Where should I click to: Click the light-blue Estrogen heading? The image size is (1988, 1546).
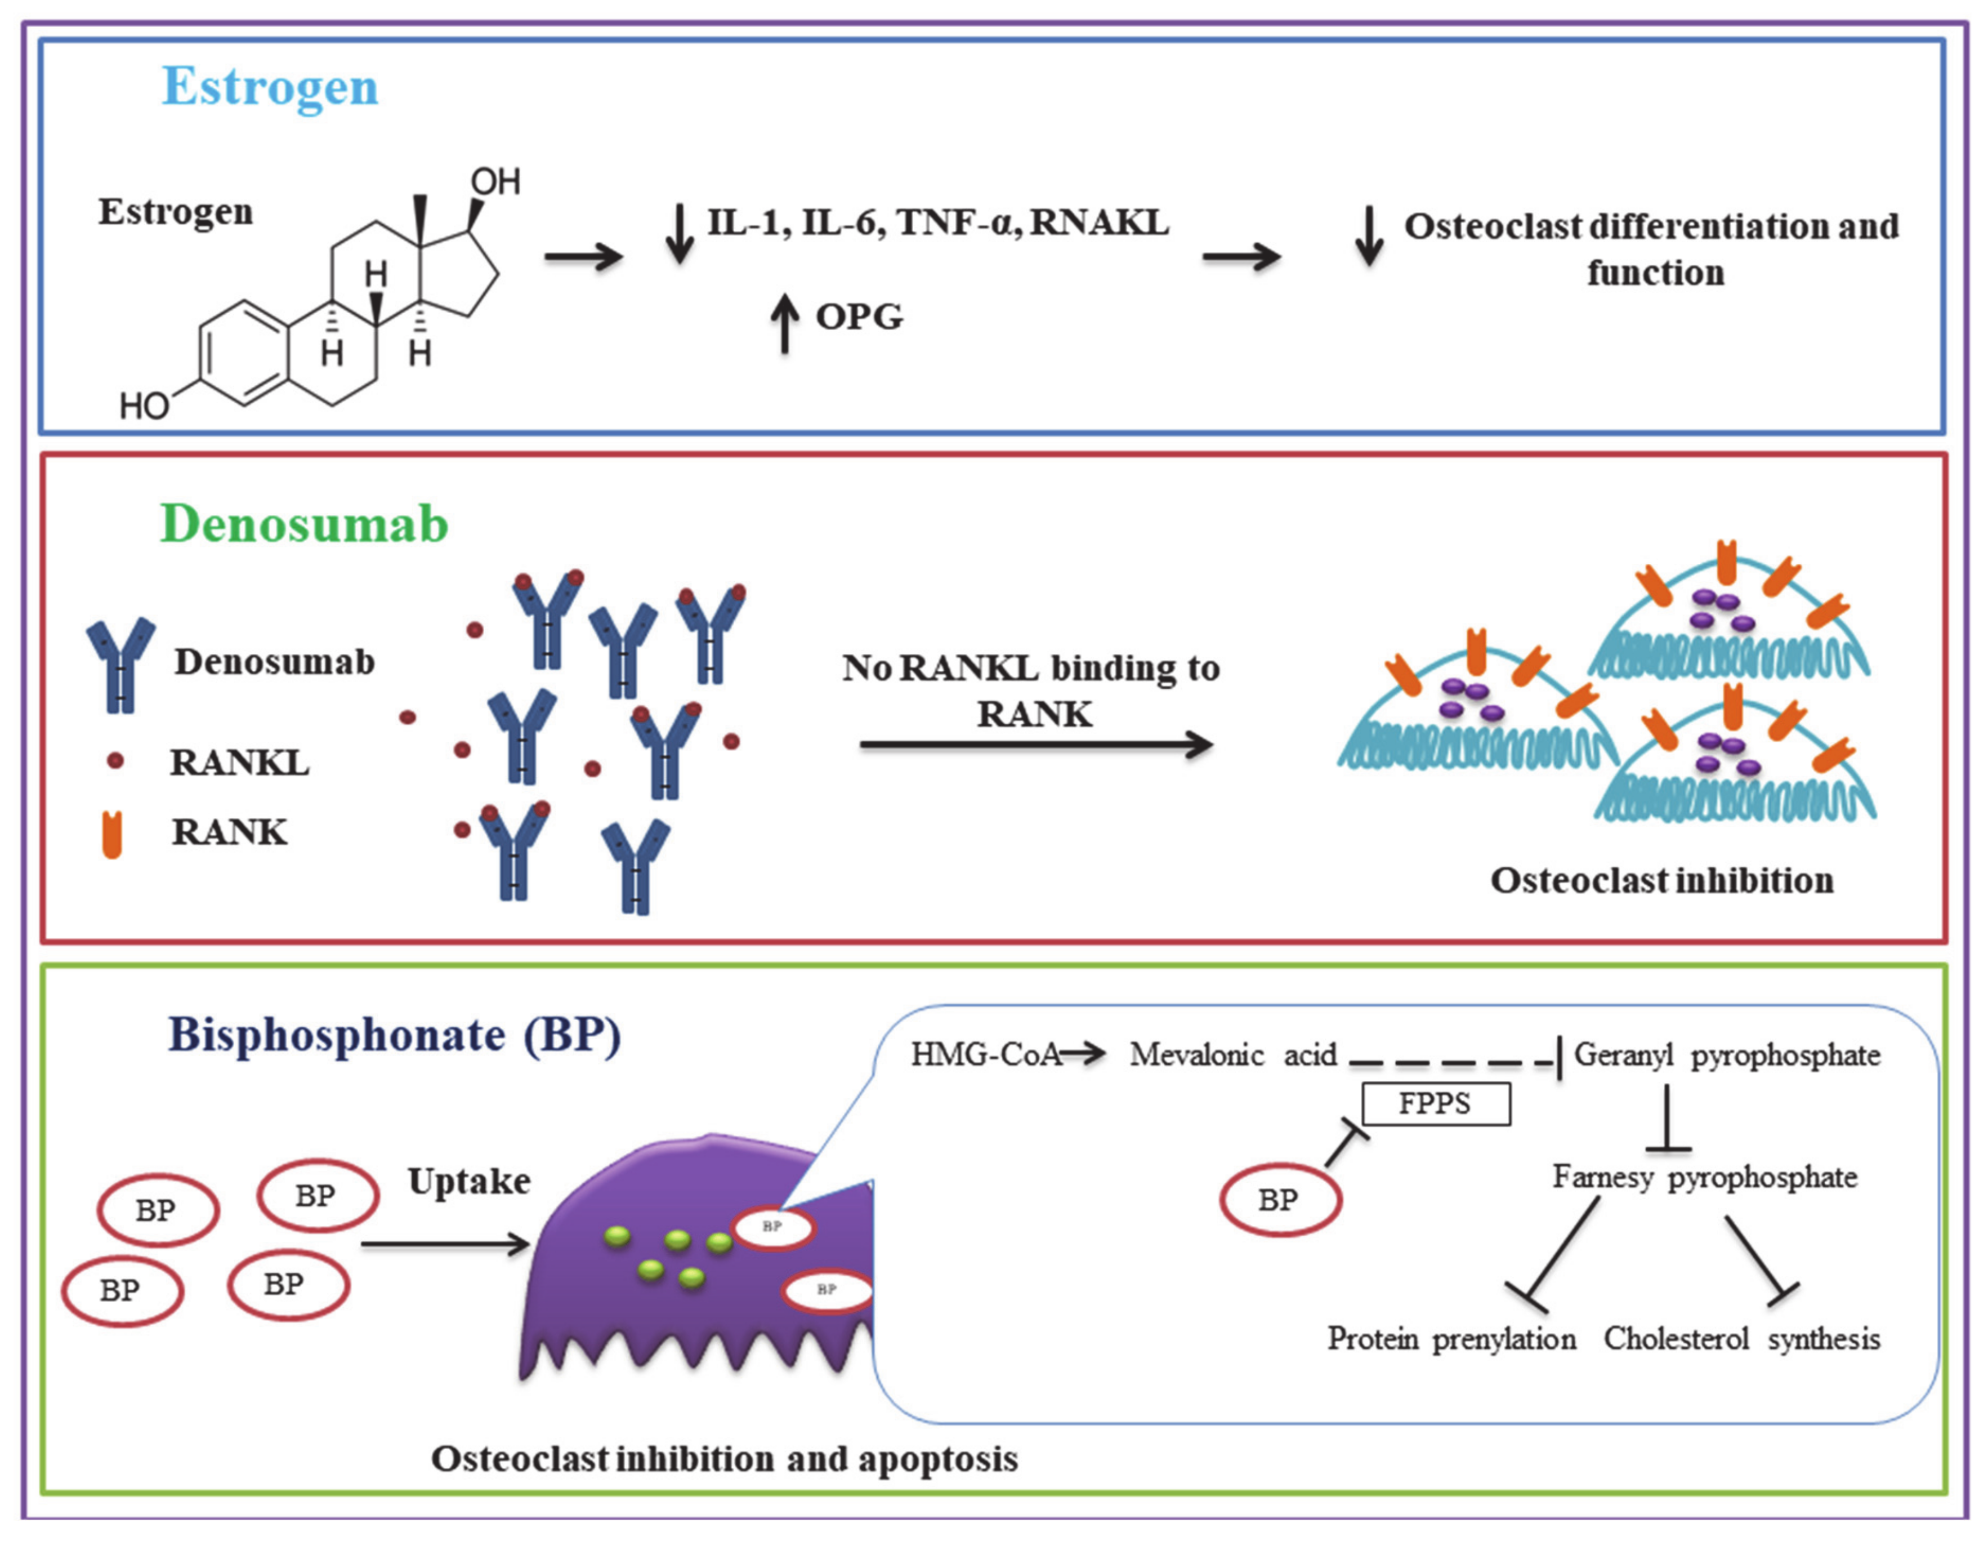(x=270, y=87)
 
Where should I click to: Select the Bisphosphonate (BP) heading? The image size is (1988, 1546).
(x=394, y=1035)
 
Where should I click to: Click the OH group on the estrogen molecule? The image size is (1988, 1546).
(x=495, y=182)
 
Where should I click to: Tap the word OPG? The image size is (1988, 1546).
(x=859, y=317)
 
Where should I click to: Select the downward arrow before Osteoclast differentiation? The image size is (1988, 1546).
(x=1369, y=237)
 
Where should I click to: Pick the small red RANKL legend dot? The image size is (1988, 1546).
(x=115, y=761)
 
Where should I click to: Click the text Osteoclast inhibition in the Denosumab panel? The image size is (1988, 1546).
(x=1661, y=880)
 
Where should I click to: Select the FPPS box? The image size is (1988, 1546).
(x=1436, y=1103)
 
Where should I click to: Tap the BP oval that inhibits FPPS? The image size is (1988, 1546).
(x=1280, y=1200)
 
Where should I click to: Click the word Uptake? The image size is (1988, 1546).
(x=469, y=1181)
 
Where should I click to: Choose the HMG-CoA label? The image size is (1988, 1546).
(x=986, y=1054)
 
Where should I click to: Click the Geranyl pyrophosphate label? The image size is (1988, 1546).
(x=1727, y=1054)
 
